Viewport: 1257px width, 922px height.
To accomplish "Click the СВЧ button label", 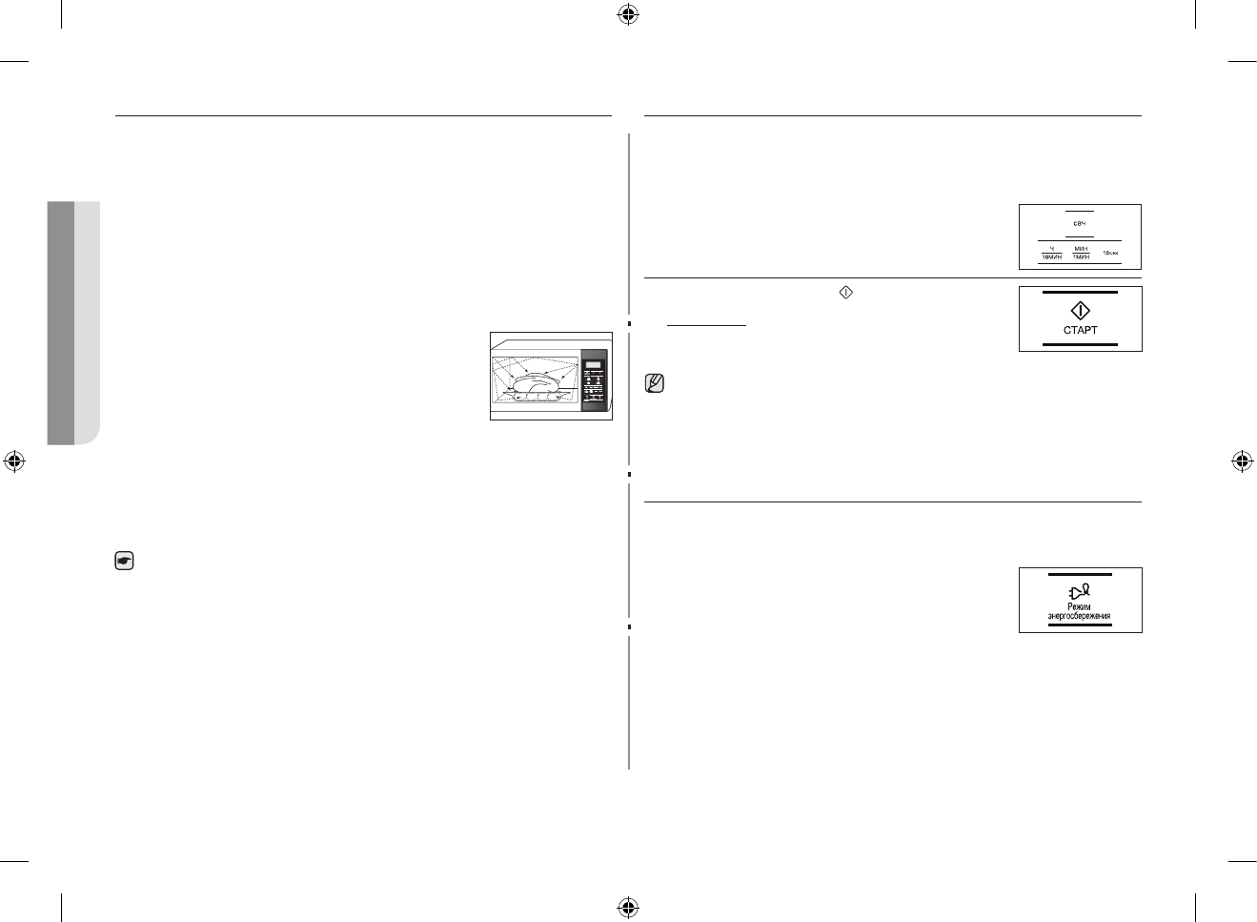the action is tap(1079, 223).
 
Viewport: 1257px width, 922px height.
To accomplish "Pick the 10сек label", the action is tap(1110, 253).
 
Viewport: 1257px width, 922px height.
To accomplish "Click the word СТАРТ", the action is tap(1080, 330).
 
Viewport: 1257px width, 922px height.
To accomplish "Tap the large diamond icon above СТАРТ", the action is tap(1080, 310).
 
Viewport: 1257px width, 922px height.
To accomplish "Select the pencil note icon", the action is tap(655, 384).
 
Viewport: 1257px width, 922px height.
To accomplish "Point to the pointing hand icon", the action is tap(124, 563).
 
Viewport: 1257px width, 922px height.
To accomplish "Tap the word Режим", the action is tap(1080, 606).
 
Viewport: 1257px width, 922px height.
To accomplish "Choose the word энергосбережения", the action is tap(1080, 617).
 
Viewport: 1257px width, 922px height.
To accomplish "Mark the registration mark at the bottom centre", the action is tap(627, 906).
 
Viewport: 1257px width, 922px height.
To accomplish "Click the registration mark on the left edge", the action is tap(13, 461).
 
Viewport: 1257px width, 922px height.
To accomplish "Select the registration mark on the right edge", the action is tap(1241, 461).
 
